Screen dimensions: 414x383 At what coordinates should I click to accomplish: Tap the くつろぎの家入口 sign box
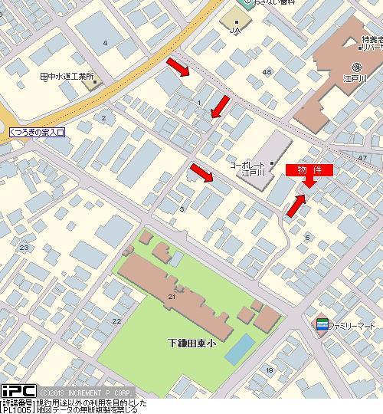(x=38, y=133)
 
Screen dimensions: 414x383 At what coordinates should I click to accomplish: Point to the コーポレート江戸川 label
(x=247, y=169)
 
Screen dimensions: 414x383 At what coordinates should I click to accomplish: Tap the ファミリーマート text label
(x=354, y=325)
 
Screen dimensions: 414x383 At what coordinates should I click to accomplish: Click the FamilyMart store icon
(x=322, y=325)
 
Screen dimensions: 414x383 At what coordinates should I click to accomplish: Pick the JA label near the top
(x=236, y=30)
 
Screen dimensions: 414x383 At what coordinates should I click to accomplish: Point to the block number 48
(x=267, y=72)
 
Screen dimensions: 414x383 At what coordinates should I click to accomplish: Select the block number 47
(x=362, y=157)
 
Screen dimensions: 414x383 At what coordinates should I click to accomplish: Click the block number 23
(x=24, y=247)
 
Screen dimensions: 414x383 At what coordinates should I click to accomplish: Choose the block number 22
(x=116, y=320)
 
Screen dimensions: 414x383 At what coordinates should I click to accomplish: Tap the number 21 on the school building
(x=172, y=296)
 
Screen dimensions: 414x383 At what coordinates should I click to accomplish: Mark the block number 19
(x=269, y=370)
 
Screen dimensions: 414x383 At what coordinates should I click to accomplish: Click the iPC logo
(x=18, y=391)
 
